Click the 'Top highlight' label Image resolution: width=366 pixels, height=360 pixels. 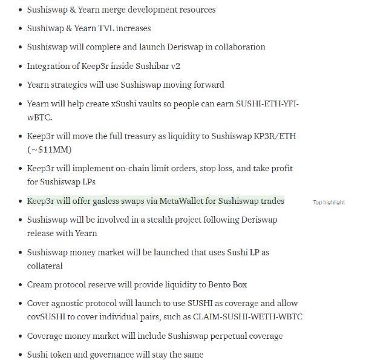click(x=328, y=202)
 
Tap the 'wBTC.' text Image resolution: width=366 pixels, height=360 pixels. click(x=39, y=117)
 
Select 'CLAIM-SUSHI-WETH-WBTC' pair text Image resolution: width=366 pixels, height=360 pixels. click(x=250, y=316)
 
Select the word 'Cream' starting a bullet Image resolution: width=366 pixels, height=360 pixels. click(x=40, y=284)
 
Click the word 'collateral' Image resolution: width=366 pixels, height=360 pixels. click(x=45, y=266)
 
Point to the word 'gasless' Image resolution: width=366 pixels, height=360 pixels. click(x=113, y=201)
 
